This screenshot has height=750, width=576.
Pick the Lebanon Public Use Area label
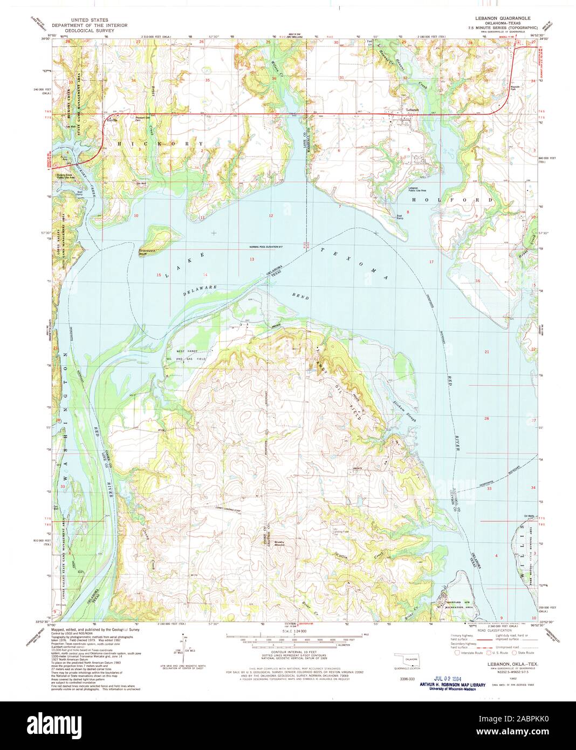(417, 189)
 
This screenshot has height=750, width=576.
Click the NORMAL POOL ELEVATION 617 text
(266, 247)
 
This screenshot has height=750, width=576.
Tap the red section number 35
(207, 80)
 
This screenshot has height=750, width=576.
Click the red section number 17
(430, 262)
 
